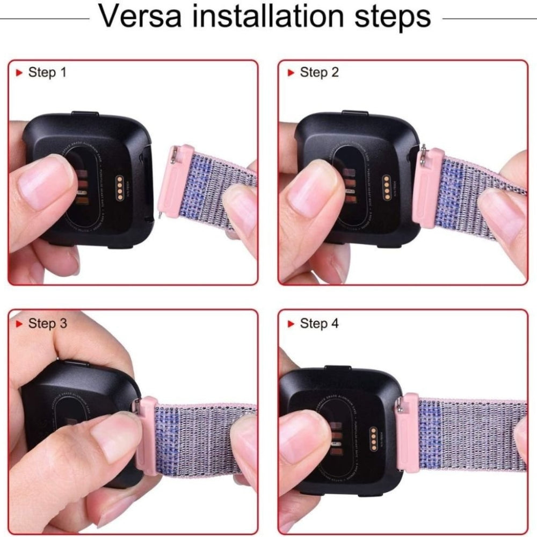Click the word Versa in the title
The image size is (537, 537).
tap(142, 17)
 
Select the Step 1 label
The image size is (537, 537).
tap(47, 72)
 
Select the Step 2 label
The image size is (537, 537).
tap(320, 72)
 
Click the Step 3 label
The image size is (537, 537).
tap(47, 323)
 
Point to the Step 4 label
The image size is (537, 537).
tap(320, 323)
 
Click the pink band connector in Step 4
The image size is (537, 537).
tap(409, 432)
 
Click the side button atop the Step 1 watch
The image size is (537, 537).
tap(85, 114)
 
